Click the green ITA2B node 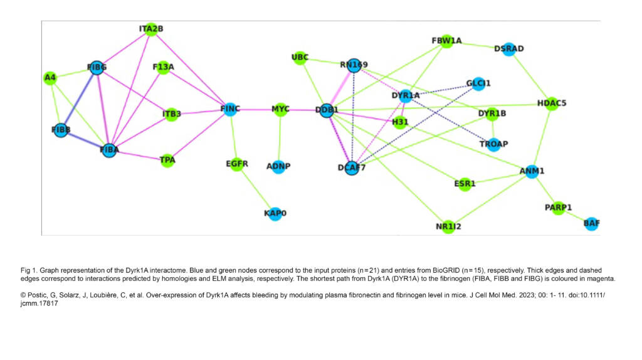click(150, 29)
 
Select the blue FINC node click(230, 110)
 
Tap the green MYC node click(280, 110)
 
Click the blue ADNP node click(278, 167)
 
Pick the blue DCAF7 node click(351, 167)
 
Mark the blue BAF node click(591, 223)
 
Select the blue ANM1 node click(532, 171)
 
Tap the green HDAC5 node click(552, 103)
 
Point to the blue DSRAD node click(508, 49)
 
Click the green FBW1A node click(446, 41)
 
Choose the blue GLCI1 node click(478, 83)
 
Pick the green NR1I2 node click(448, 226)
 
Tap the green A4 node click(50, 78)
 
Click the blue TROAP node click(493, 144)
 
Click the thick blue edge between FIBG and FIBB click(78, 100)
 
